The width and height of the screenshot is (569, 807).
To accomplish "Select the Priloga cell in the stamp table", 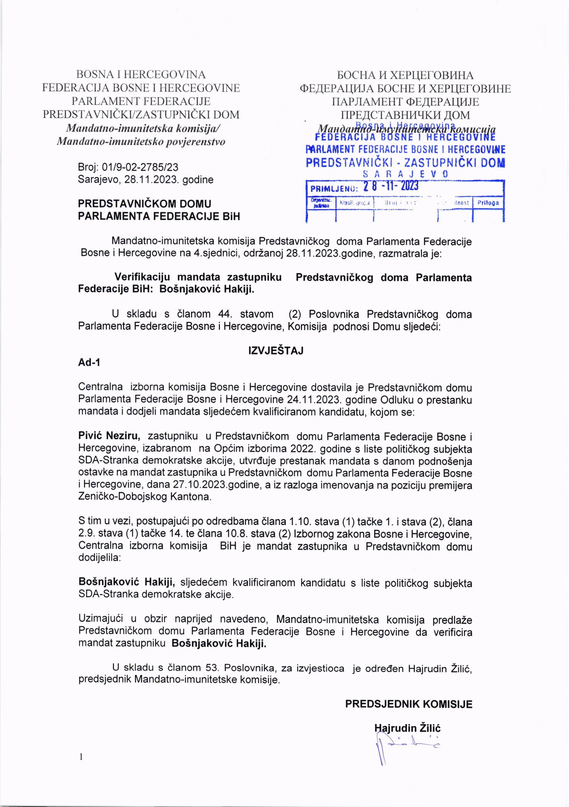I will click(x=488, y=203).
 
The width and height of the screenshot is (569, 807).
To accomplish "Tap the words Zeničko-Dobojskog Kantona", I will click(x=145, y=497).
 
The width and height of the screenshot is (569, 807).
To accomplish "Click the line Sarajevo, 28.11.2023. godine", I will click(x=145, y=180).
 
